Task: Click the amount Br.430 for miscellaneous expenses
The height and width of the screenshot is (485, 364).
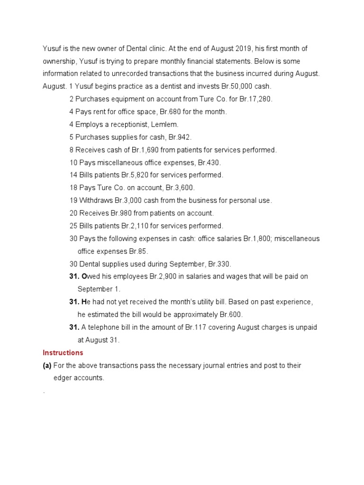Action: click(x=209, y=162)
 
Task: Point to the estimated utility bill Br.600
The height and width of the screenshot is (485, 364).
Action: click(x=230, y=314)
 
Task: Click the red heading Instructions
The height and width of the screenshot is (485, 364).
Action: click(x=63, y=353)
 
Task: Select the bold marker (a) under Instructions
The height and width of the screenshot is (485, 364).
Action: click(x=47, y=366)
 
